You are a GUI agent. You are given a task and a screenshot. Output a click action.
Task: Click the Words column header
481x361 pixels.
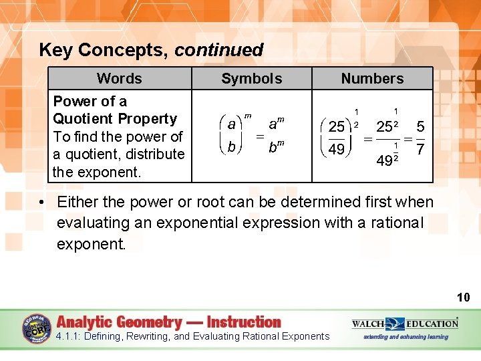coord(119,78)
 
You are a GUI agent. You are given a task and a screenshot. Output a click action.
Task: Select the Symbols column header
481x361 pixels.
coord(251,78)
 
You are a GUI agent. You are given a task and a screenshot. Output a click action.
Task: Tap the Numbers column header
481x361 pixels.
coord(372,78)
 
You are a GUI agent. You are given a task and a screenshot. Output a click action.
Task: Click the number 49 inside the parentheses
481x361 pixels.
coord(337,149)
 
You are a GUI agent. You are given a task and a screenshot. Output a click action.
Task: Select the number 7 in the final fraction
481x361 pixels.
coord(420,149)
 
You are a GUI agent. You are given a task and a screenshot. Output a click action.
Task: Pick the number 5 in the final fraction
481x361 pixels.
coord(420,126)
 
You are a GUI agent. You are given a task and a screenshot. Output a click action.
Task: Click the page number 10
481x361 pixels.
coord(463,297)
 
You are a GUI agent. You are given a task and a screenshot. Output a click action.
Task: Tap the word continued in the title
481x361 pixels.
coord(219,50)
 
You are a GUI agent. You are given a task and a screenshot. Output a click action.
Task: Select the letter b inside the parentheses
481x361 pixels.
coord(231,147)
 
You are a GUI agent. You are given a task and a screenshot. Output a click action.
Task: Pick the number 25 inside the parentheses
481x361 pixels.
coord(337,126)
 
